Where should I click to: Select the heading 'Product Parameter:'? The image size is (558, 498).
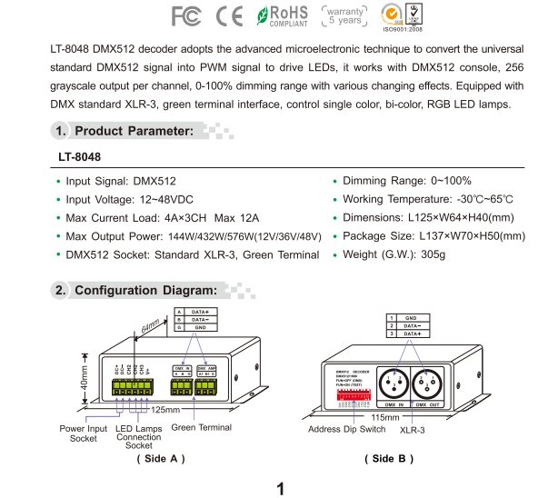(x=134, y=131)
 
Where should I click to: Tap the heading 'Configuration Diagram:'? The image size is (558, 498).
(x=145, y=291)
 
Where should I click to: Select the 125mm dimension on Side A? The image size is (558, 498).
(x=164, y=411)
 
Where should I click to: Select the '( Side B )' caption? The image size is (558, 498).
(x=391, y=458)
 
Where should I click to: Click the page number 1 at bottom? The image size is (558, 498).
(x=281, y=489)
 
